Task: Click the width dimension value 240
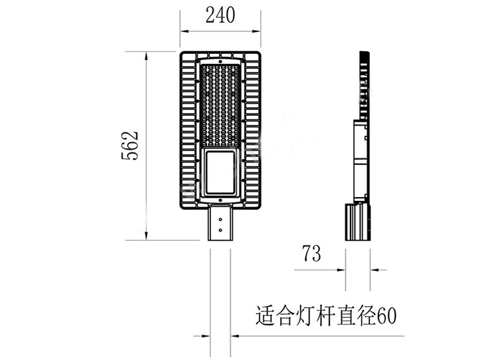[220, 15]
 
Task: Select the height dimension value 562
[130, 146]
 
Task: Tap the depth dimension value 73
[311, 254]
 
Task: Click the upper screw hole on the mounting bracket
[220, 220]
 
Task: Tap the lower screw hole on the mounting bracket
[220, 230]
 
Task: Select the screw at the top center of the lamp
[220, 61]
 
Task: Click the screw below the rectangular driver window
[220, 200]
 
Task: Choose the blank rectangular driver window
[220, 172]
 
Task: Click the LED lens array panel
[220, 105]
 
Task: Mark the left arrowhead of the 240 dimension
[184, 31]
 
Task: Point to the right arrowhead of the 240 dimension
[257, 31]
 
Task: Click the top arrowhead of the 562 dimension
[146, 56]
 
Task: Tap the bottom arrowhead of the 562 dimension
[146, 236]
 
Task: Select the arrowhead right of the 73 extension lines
[374, 270]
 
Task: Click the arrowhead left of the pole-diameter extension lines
[206, 336]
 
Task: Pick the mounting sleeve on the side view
[358, 222]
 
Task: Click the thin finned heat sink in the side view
[365, 85]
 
